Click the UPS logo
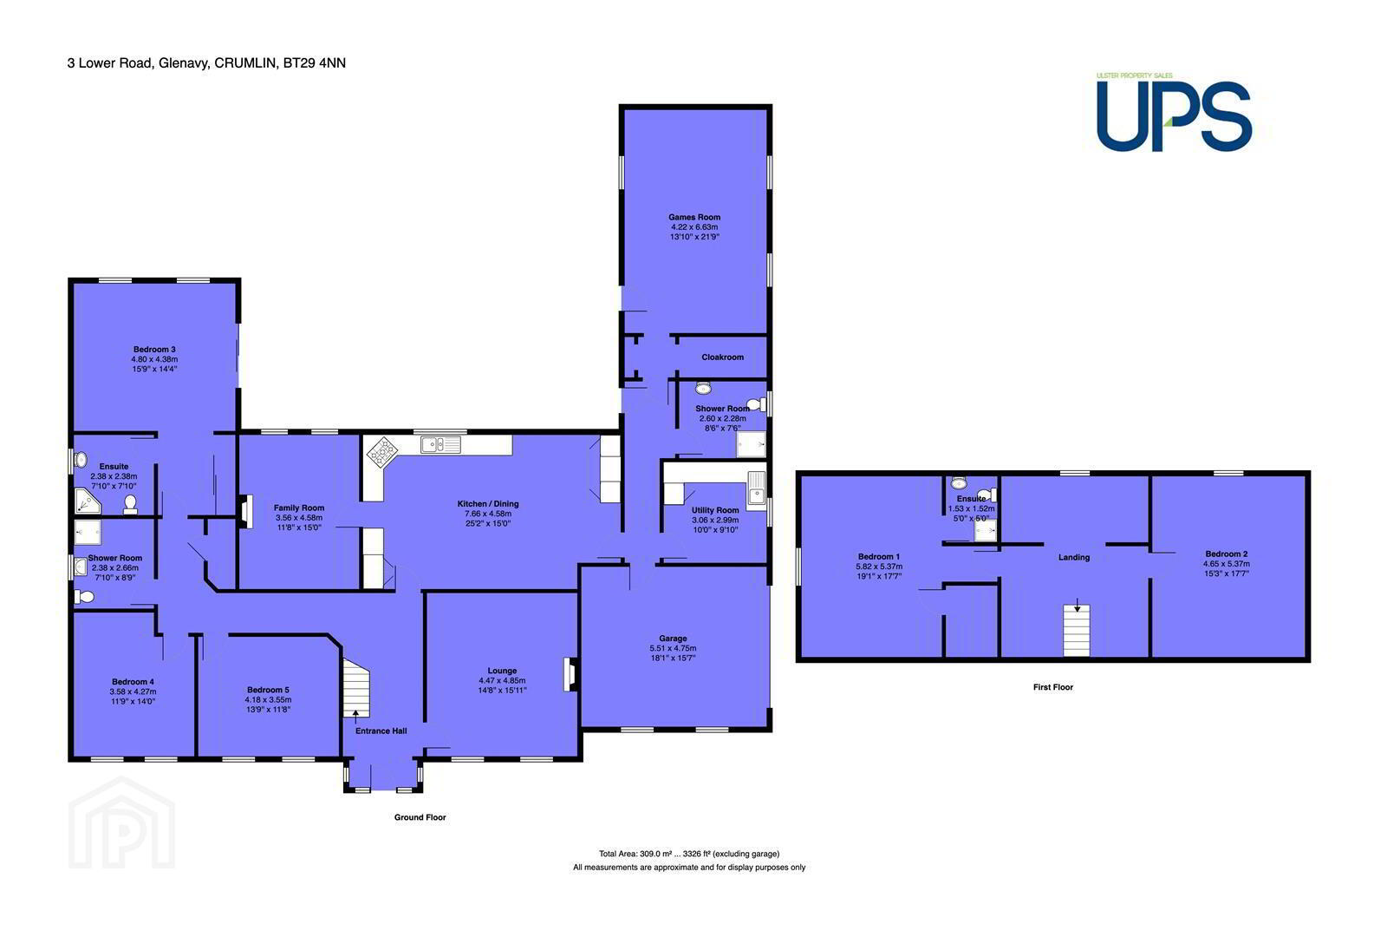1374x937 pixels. point(1174,114)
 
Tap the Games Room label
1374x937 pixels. point(694,217)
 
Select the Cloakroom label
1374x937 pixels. point(723,357)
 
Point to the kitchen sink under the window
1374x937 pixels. point(440,444)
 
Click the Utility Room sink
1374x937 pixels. point(756,490)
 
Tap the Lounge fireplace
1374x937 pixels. point(570,675)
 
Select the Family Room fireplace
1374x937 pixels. point(245,512)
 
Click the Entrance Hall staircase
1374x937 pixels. point(355,688)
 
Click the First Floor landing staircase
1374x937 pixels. point(1077,631)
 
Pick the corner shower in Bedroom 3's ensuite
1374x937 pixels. point(87,501)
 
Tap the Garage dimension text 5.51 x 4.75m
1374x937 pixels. point(673,648)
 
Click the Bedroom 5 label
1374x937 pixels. point(268,690)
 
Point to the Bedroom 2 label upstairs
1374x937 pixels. point(1226,554)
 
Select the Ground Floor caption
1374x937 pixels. point(420,817)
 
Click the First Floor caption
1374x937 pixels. point(1053,687)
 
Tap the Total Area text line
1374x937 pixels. point(689,854)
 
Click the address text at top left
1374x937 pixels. point(206,63)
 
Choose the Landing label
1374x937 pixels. point(1074,558)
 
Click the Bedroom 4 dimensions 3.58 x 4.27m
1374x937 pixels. point(133,691)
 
